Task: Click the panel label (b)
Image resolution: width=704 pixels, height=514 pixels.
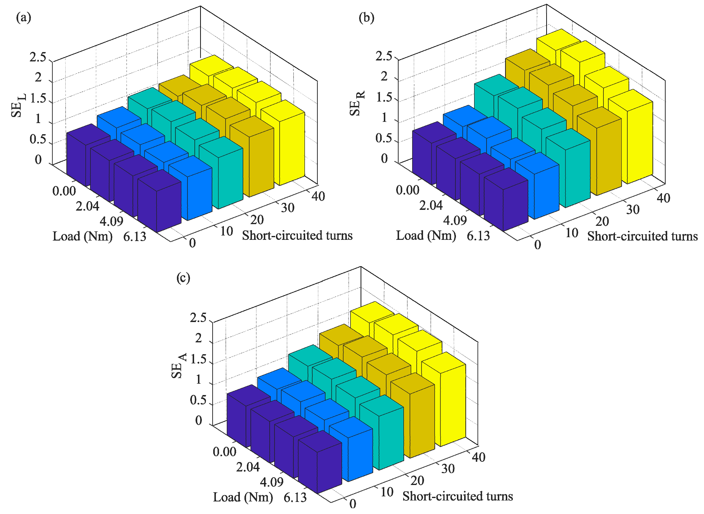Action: pyautogui.click(x=366, y=17)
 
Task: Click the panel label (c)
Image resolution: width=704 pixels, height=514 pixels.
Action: pyautogui.click(x=183, y=278)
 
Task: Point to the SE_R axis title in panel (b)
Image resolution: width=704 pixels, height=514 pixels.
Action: pyautogui.click(x=356, y=104)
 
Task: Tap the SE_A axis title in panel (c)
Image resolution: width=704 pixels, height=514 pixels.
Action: pyautogui.click(x=178, y=366)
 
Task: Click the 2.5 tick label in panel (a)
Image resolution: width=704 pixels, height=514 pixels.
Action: pyautogui.click(x=38, y=58)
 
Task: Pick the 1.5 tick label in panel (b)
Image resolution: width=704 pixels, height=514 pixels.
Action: pyautogui.click(x=384, y=98)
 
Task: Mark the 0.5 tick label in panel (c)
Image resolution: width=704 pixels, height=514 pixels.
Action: pyautogui.click(x=198, y=400)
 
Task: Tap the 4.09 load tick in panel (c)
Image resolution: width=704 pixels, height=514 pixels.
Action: pyautogui.click(x=272, y=482)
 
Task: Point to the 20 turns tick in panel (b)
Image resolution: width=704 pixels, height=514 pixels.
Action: pyautogui.click(x=602, y=221)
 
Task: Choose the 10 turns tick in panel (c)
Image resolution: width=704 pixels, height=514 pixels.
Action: pyautogui.click(x=387, y=492)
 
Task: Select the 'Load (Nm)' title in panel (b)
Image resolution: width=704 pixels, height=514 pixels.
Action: pyautogui.click(x=426, y=236)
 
